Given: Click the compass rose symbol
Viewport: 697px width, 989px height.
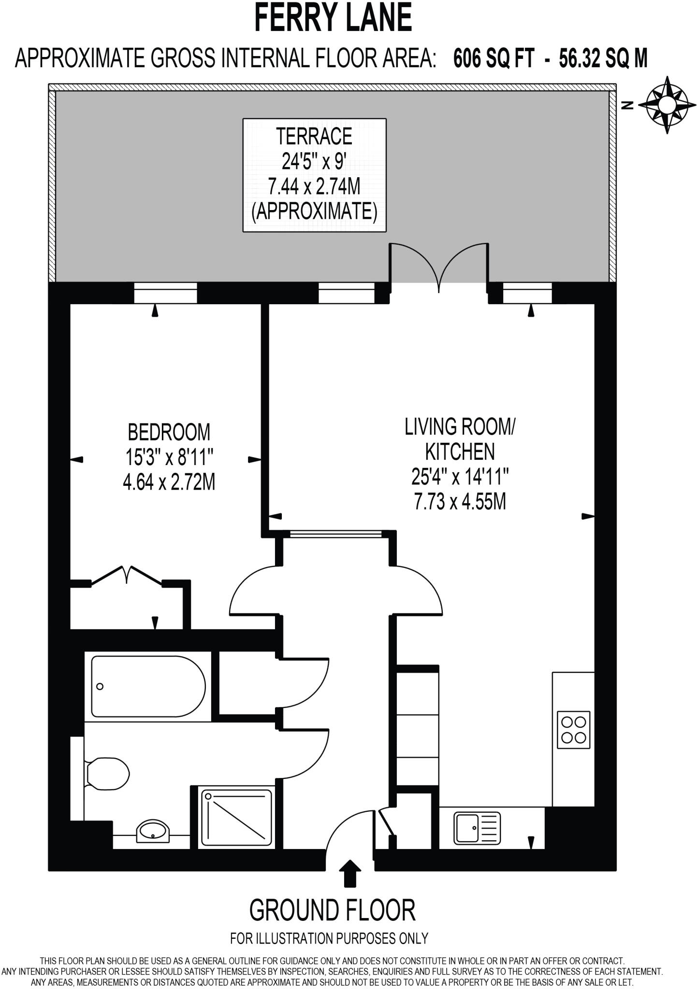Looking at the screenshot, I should pyautogui.click(x=667, y=104).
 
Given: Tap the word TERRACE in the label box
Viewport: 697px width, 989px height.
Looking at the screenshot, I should pyautogui.click(x=314, y=137).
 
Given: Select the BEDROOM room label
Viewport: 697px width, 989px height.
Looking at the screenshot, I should pyautogui.click(x=169, y=432).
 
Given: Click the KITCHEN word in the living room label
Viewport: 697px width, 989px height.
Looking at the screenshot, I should pyautogui.click(x=460, y=452).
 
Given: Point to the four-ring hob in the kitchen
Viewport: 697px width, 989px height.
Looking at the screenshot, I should pyautogui.click(x=573, y=730).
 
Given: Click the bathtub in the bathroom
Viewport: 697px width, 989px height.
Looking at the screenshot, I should pyautogui.click(x=148, y=686).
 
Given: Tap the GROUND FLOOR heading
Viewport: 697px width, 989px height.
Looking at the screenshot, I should pyautogui.click(x=332, y=911).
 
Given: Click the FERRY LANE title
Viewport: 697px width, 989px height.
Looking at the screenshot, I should pyautogui.click(x=333, y=18).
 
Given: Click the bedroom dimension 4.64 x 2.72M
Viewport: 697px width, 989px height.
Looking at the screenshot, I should pyautogui.click(x=169, y=482).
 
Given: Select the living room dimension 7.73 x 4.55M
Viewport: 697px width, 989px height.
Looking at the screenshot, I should pyautogui.click(x=460, y=502).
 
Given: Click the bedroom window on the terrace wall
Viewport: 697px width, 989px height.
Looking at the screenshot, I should pyautogui.click(x=165, y=293).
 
